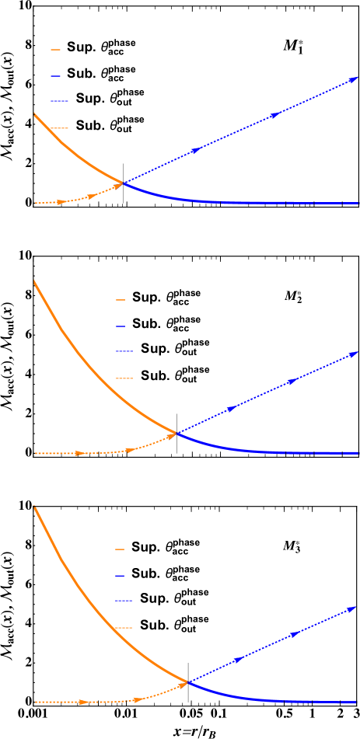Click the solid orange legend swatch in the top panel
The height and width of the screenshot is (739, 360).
pos(55,50)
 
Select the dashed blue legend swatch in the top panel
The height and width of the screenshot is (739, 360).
pos(59,101)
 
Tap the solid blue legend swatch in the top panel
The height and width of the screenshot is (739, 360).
pos(55,76)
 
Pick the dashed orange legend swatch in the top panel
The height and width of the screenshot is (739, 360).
pos(59,127)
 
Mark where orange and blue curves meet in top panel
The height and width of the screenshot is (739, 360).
pos(123,183)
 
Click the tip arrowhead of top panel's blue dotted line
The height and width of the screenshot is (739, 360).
pos(355,78)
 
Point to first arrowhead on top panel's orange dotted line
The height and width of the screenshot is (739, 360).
pos(61,202)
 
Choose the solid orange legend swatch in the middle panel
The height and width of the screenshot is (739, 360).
pos(121,299)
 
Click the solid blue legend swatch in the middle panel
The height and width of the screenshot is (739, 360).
pos(121,326)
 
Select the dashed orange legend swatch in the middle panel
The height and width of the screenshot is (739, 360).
pos(124,378)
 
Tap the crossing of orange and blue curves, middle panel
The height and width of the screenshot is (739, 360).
pos(176,433)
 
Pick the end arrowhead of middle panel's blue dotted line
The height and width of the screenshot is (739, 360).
pos(354,353)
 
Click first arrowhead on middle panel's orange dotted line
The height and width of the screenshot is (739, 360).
pos(79,453)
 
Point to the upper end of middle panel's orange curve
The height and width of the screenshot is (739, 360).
pos(35,281)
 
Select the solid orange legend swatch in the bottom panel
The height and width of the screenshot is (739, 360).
pos(120,549)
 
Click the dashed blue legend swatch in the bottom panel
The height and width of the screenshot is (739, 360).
pos(124,601)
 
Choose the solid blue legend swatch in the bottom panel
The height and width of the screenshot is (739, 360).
pos(120,576)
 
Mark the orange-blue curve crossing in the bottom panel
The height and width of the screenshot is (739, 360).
pos(188,682)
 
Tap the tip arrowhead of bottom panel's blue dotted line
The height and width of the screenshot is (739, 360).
pos(353,608)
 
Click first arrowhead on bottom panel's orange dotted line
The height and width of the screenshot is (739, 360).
pos(83,702)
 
